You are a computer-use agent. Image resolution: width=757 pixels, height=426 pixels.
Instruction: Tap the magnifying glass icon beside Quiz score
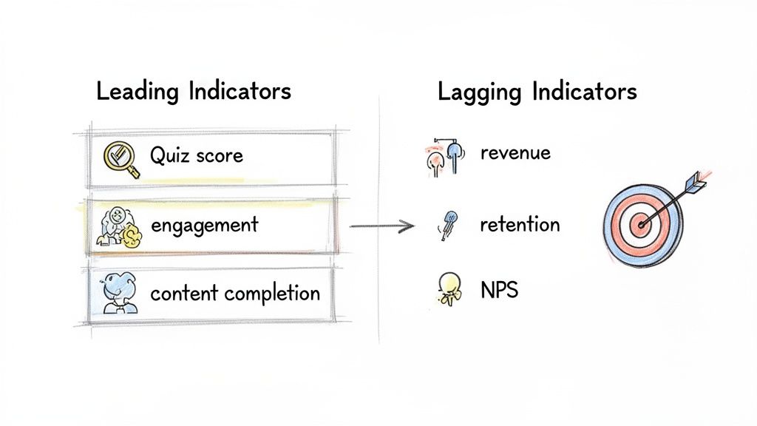pyautogui.click(x=121, y=158)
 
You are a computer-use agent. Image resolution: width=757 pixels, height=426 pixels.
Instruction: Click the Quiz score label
pyautogui.click(x=196, y=155)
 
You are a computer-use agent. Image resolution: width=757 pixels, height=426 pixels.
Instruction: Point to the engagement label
pyautogui.click(x=204, y=225)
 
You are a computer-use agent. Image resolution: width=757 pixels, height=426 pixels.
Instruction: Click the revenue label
pyautogui.click(x=515, y=153)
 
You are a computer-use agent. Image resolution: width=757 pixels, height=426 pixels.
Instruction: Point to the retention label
pyautogui.click(x=520, y=225)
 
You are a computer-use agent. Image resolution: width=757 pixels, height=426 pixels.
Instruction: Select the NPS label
pyautogui.click(x=499, y=290)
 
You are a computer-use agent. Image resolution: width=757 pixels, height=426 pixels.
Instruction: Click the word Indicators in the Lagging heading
pyautogui.click(x=583, y=92)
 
